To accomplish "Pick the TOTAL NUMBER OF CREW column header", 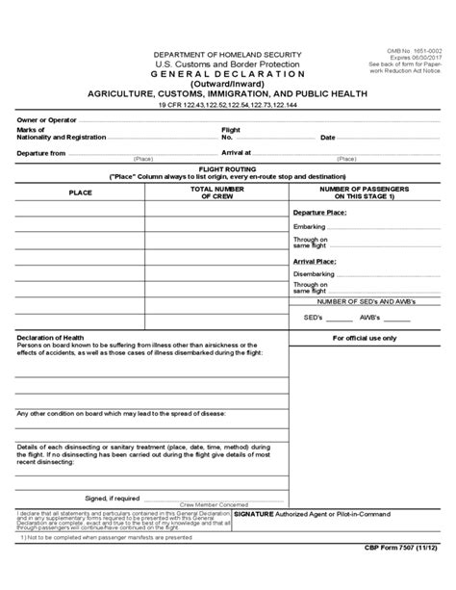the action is tap(216, 192).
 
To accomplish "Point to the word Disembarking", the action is tap(314, 273).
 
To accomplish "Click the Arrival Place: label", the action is tap(315, 260).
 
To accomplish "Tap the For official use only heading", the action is tap(364, 338).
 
